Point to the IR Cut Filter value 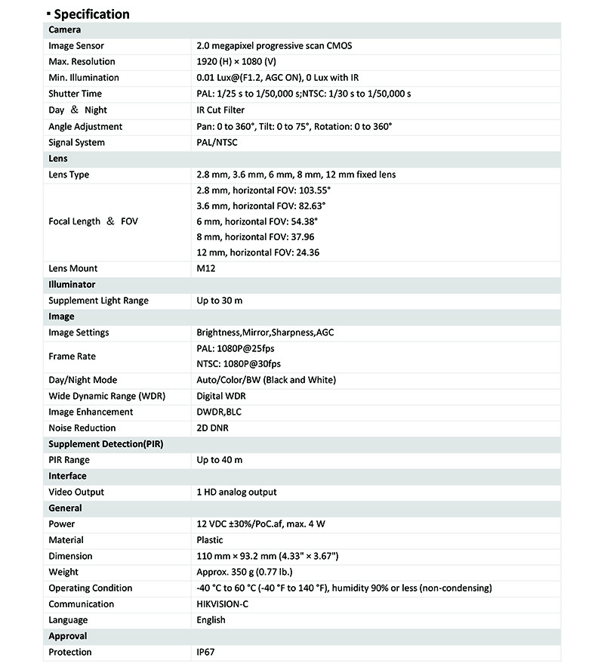click(220, 110)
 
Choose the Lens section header click(58, 159)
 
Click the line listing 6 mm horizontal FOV click(256, 221)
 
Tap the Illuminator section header click(72, 285)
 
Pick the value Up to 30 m click(220, 301)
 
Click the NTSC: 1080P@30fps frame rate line click(238, 363)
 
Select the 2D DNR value click(212, 428)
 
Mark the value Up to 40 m click(220, 459)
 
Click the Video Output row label click(76, 492)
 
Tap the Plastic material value click(209, 540)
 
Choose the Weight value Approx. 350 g click(245, 572)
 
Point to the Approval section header click(68, 636)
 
